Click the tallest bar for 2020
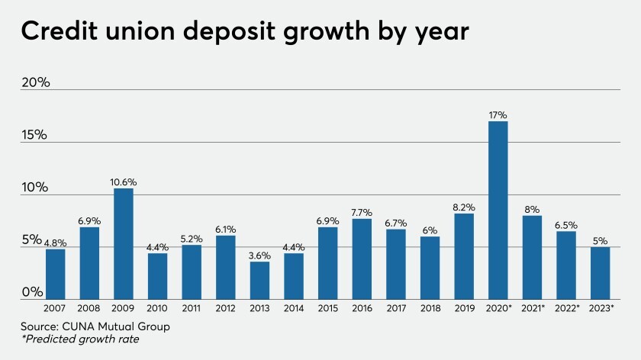click(x=498, y=210)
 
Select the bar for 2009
click(x=124, y=243)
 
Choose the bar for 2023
click(x=601, y=272)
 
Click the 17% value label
click(x=498, y=115)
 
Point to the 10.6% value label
click(x=124, y=182)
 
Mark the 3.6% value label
click(x=260, y=256)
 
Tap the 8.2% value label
click(x=464, y=207)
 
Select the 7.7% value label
click(x=362, y=213)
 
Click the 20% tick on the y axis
click(x=35, y=82)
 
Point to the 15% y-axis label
click(x=35, y=135)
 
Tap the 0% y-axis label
click(x=31, y=293)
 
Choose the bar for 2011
click(x=192, y=272)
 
